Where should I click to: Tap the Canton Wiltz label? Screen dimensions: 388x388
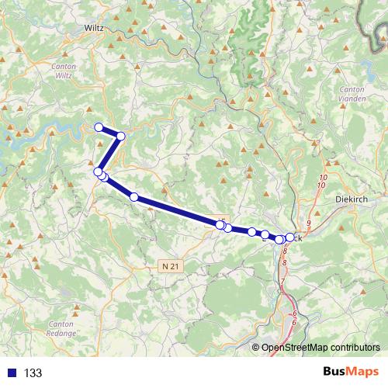pyautogui.click(x=64, y=72)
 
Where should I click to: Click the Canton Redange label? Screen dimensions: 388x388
pyautogui.click(x=61, y=327)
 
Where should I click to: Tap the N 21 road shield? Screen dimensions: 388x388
pyautogui.click(x=172, y=265)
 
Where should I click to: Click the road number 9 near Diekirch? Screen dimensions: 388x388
pyautogui.click(x=308, y=224)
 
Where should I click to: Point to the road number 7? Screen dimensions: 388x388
pyautogui.click(x=283, y=281)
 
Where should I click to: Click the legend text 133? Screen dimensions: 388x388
pyautogui.click(x=33, y=373)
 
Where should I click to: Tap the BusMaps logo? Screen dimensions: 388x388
pyautogui.click(x=351, y=372)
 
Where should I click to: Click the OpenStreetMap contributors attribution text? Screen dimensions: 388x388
pyautogui.click(x=320, y=347)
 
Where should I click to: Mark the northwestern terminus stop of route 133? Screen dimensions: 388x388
pyautogui.click(x=99, y=127)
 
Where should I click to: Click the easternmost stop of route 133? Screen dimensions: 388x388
pyautogui.click(x=290, y=237)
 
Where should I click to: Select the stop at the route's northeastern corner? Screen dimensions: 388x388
pyautogui.click(x=121, y=137)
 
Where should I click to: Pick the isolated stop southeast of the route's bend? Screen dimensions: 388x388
pyautogui.click(x=134, y=197)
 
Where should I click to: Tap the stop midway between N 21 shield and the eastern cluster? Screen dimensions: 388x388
pyautogui.click(x=252, y=231)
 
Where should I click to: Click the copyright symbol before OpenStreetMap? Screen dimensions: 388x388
pyautogui.click(x=256, y=347)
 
